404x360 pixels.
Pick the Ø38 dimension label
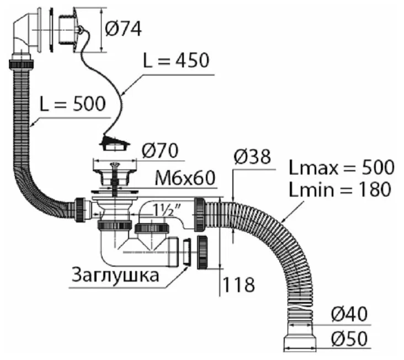(252, 157)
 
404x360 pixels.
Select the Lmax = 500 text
(341, 167)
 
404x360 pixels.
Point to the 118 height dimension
(238, 285)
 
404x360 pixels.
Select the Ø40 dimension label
(349, 314)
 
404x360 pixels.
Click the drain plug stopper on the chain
(116, 144)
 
